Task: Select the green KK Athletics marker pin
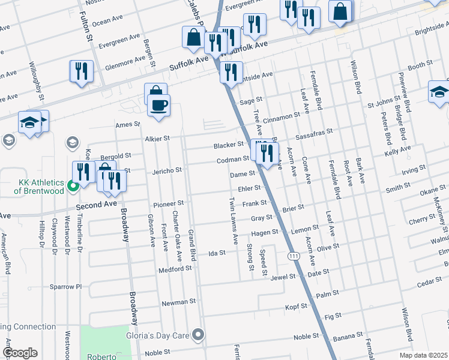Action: (x=73, y=186)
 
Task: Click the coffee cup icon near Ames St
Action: (x=158, y=106)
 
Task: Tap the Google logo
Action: (x=20, y=353)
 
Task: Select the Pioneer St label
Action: (x=167, y=203)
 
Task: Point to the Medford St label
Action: (x=174, y=269)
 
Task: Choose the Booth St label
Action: (x=420, y=65)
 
